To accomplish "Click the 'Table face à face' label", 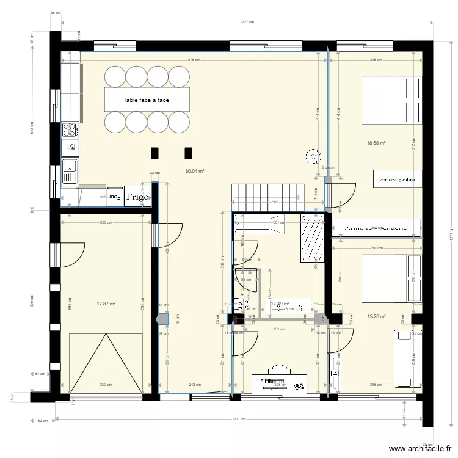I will [x=147, y=100].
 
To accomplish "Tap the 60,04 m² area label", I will [x=194, y=172].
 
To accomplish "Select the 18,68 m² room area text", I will [x=376, y=144].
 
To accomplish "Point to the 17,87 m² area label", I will [x=106, y=302].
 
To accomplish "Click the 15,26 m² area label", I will [x=377, y=316].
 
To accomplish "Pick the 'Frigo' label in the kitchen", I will [x=138, y=197].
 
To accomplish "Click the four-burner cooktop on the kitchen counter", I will [x=70, y=129].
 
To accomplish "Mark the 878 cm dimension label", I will [x=194, y=60].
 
